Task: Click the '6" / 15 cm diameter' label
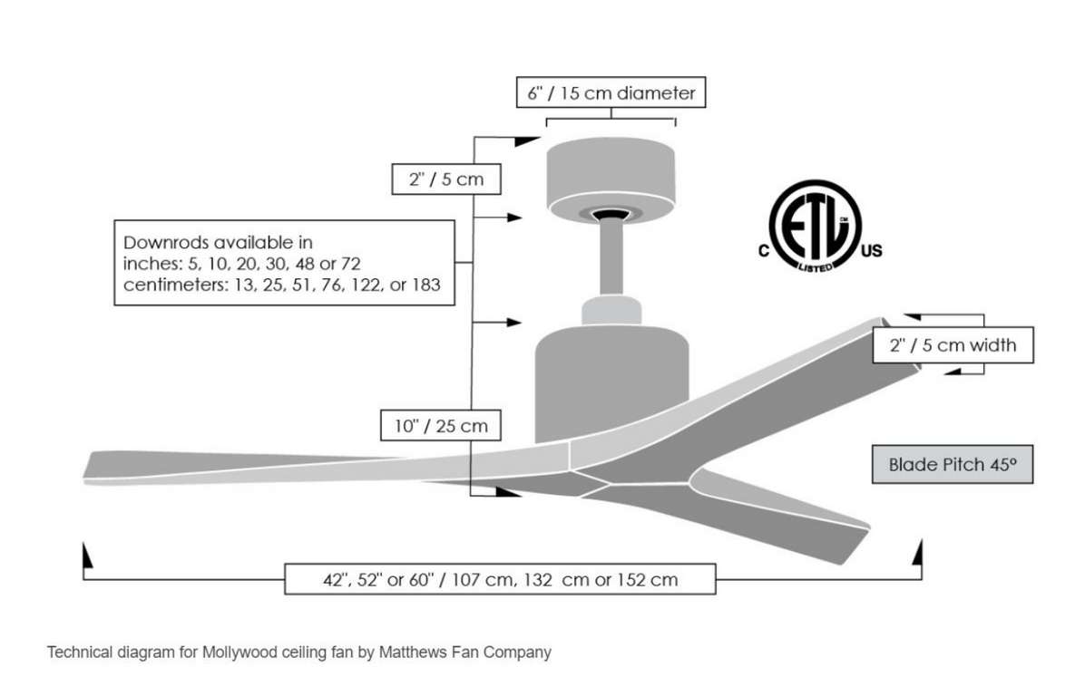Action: pyautogui.click(x=611, y=92)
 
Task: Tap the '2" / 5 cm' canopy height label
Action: pyautogui.click(x=445, y=179)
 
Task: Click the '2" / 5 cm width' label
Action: pyautogui.click(x=953, y=345)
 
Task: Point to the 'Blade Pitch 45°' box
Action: pyautogui.click(x=952, y=465)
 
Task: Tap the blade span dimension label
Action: pyautogui.click(x=500, y=579)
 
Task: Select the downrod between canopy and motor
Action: pyautogui.click(x=611, y=257)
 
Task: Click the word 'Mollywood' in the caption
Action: pyautogui.click(x=240, y=652)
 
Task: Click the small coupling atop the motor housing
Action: pyautogui.click(x=611, y=309)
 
